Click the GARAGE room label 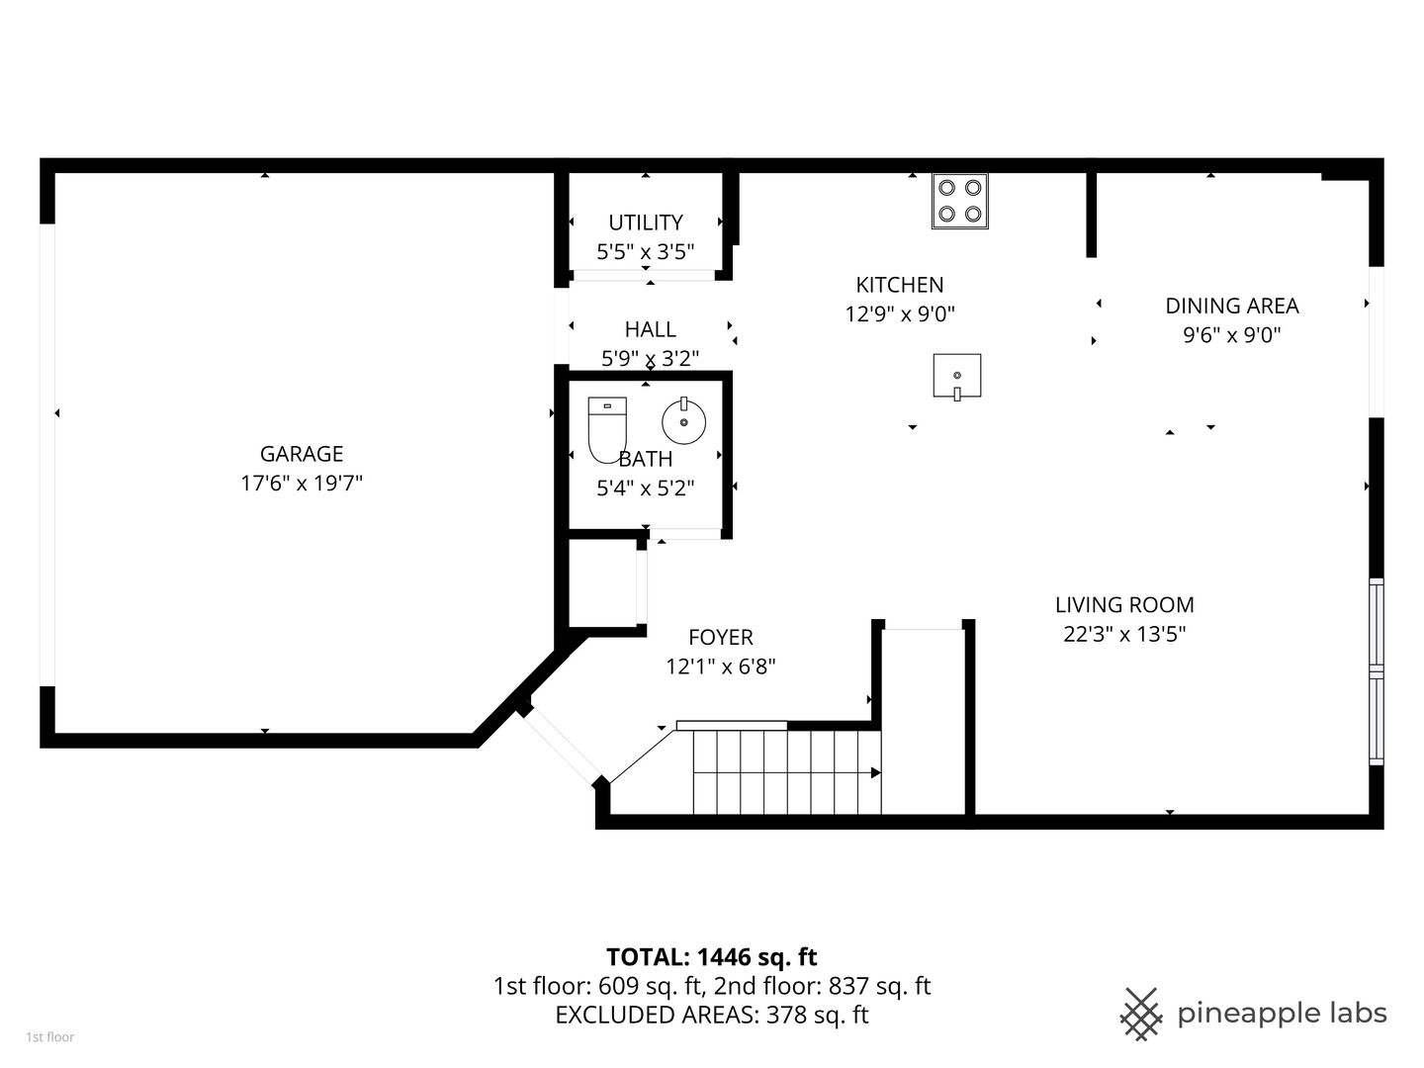[x=302, y=454]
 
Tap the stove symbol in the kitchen [x=959, y=201]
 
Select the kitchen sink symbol [x=957, y=377]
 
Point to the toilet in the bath [x=607, y=428]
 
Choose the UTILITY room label [x=646, y=222]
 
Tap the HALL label [x=651, y=329]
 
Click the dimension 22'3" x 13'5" [x=1124, y=634]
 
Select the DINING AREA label [x=1232, y=306]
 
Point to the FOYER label [x=721, y=637]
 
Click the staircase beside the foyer [x=786, y=771]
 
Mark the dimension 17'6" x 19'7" [x=302, y=484]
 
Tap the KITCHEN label [x=900, y=285]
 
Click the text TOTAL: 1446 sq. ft [x=712, y=956]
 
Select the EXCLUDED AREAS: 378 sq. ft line [x=712, y=1015]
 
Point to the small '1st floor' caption [x=50, y=1037]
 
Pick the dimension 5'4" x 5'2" [x=646, y=488]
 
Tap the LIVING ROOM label [x=1124, y=604]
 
